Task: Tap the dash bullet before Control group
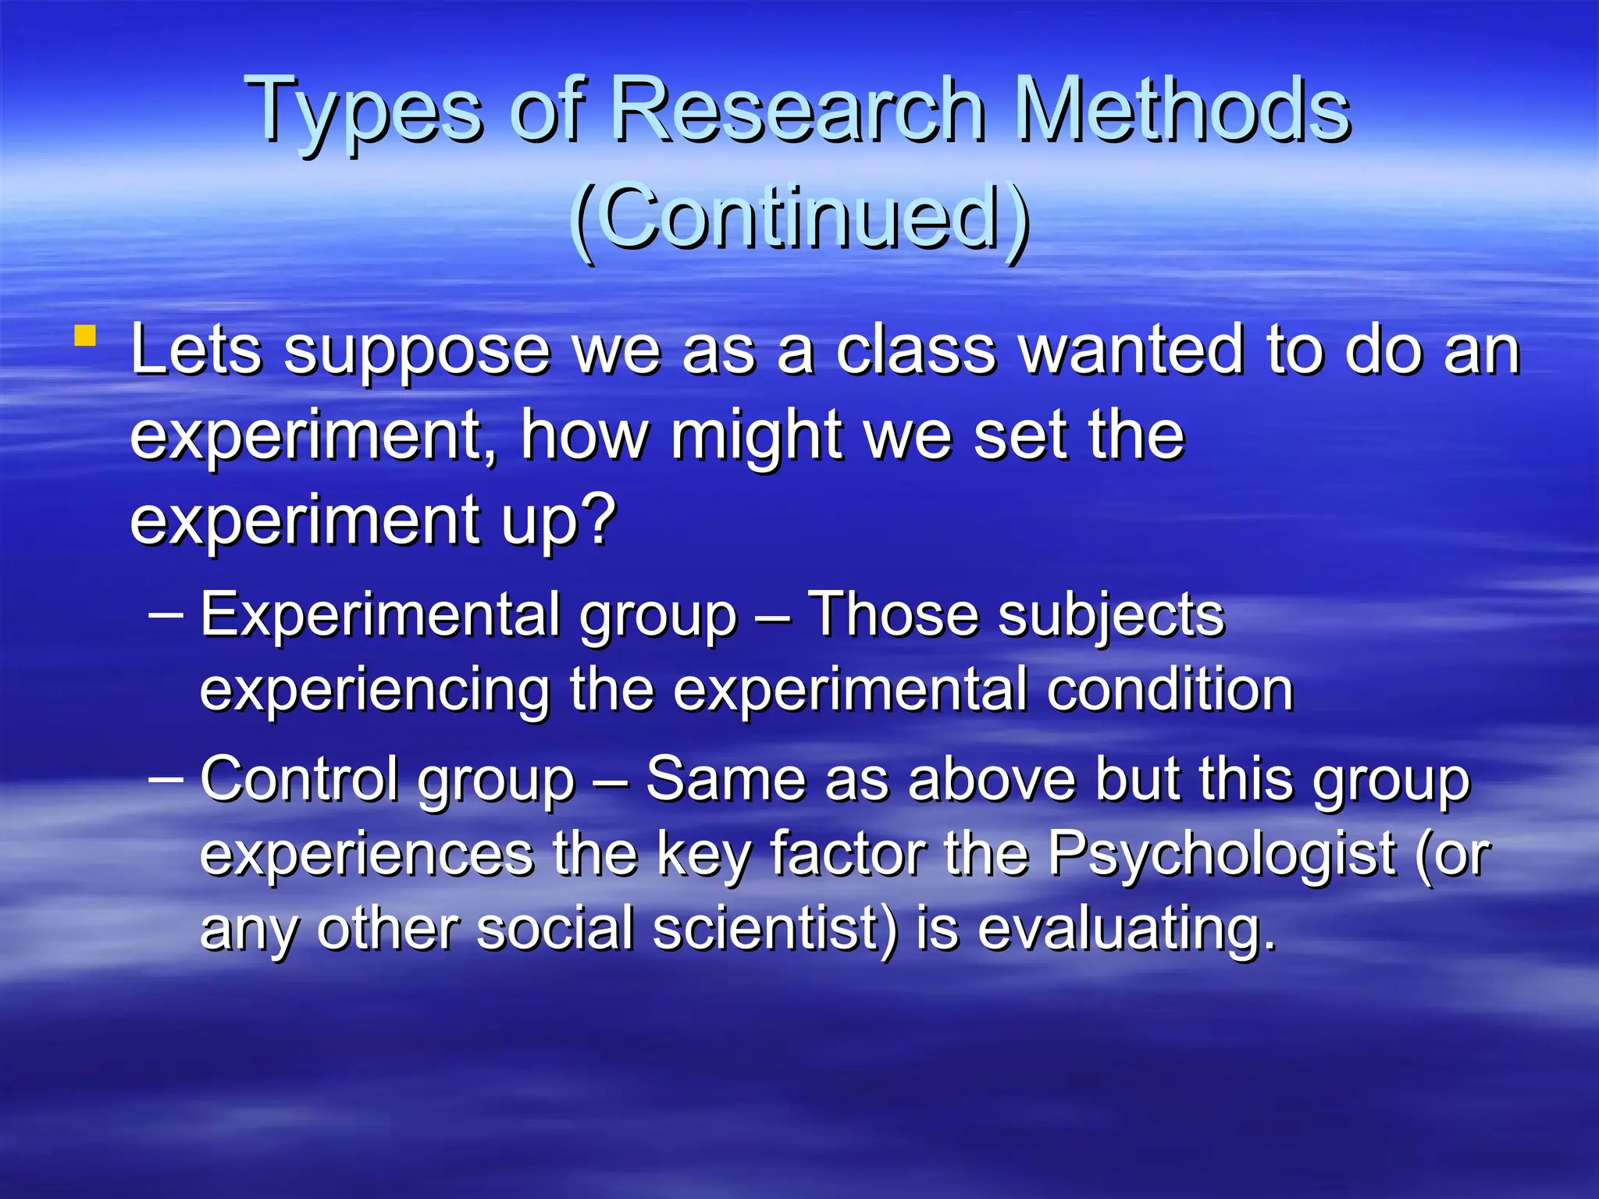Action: (x=166, y=777)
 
